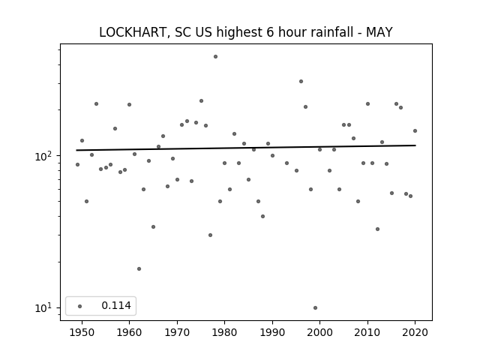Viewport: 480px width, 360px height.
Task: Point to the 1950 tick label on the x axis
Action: pos(82,332)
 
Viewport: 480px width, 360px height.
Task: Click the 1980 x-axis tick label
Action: pos(224,332)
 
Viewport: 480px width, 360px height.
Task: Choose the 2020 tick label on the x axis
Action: pos(415,332)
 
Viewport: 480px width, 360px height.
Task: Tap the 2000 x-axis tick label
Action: pos(320,332)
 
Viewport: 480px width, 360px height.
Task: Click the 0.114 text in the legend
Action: pos(116,305)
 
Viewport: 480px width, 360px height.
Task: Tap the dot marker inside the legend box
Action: pos(80,306)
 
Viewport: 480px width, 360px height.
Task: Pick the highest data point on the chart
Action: pos(215,57)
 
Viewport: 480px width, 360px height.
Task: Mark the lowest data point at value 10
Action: pos(315,307)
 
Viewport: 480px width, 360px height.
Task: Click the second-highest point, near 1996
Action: pos(301,82)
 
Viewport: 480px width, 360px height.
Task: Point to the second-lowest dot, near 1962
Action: pos(139,268)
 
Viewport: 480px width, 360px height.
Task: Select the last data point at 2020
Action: pos(415,130)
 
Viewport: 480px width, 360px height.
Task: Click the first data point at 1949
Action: pos(77,165)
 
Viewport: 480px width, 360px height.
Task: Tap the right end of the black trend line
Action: pos(415,145)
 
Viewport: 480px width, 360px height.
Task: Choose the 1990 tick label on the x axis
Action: pos(272,332)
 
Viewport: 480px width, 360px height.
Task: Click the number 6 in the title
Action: pos(270,32)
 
